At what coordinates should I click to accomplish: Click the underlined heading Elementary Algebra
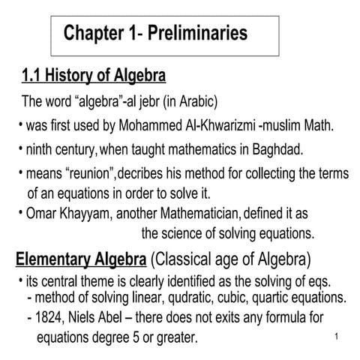(80, 261)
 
